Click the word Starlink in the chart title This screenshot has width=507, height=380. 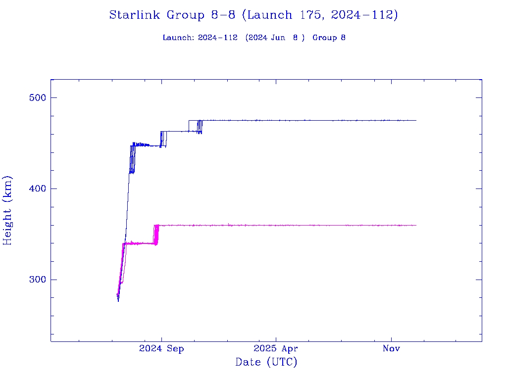pyautogui.click(x=135, y=15)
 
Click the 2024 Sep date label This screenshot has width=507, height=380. pyautogui.click(x=161, y=349)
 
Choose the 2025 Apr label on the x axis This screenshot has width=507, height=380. pyautogui.click(x=276, y=349)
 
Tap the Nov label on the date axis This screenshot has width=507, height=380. pyautogui.click(x=391, y=349)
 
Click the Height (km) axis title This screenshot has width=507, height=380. pyautogui.click(x=7, y=210)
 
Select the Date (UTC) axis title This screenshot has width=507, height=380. pyautogui.click(x=266, y=362)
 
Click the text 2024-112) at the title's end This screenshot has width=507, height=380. pyautogui.click(x=365, y=15)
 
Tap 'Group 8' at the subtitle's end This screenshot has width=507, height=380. pyautogui.click(x=329, y=38)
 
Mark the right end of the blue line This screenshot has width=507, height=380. pyautogui.click(x=416, y=120)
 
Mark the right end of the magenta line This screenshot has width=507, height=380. pyautogui.click(x=416, y=225)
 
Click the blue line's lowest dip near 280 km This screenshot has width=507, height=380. pyautogui.click(x=118, y=300)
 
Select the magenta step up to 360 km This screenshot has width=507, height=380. pyautogui.click(x=156, y=235)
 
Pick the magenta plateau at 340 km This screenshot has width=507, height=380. pyautogui.click(x=139, y=243)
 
